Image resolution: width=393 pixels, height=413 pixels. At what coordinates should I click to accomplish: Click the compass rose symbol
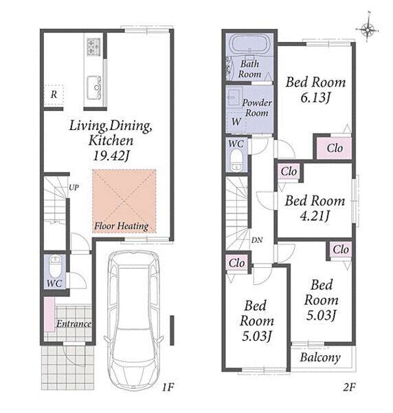[x=368, y=29]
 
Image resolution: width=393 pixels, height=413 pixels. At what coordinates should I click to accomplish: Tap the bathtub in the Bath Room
[x=249, y=44]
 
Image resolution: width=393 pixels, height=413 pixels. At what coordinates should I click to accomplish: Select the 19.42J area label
[x=111, y=156]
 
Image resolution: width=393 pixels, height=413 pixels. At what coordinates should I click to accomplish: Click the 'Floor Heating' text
[x=121, y=226]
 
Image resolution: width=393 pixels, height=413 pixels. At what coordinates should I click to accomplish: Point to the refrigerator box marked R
[x=54, y=95]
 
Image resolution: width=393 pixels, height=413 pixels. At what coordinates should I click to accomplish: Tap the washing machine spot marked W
[x=236, y=121]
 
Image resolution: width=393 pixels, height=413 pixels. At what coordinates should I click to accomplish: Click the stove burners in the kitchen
[x=93, y=46]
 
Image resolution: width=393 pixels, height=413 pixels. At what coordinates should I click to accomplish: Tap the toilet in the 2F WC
[x=236, y=160]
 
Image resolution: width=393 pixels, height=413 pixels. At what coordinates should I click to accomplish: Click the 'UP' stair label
[x=74, y=187]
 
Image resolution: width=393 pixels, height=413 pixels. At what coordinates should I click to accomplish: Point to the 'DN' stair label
[x=257, y=240]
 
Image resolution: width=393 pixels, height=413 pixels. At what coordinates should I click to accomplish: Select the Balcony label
[x=320, y=357]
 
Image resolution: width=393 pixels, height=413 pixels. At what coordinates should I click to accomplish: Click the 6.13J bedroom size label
[x=315, y=98]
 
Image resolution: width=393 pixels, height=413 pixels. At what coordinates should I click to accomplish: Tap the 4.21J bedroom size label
[x=315, y=216]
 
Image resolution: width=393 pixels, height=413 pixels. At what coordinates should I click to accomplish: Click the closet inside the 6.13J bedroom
[x=334, y=148]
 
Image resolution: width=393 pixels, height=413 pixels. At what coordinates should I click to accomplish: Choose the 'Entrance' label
[x=74, y=324]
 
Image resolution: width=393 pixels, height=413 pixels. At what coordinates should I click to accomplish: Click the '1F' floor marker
[x=168, y=387]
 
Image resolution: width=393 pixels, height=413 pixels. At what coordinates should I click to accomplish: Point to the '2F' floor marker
[x=349, y=387]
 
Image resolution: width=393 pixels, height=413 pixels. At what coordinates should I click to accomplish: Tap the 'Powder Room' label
[x=257, y=108]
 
